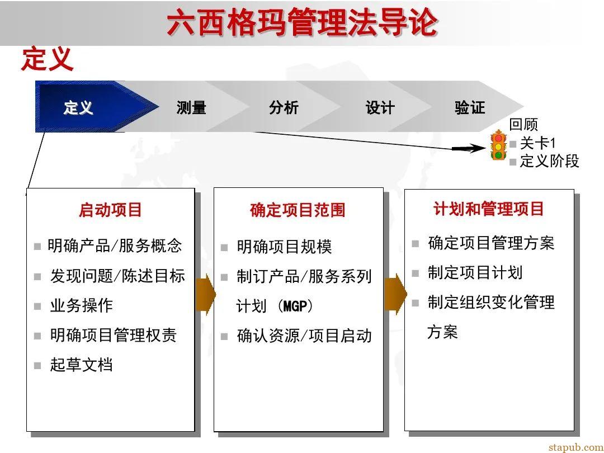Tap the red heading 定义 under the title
(x=47, y=59)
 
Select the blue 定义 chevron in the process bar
(x=78, y=107)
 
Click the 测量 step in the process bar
(x=191, y=107)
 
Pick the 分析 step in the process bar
(x=284, y=107)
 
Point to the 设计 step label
(x=380, y=107)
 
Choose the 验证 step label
(x=470, y=107)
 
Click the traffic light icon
(x=498, y=145)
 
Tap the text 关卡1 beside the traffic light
(x=537, y=143)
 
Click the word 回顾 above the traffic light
(x=523, y=125)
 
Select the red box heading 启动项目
(x=110, y=210)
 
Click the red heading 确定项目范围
(x=298, y=210)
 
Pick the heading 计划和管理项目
(x=489, y=209)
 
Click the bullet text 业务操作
(x=81, y=305)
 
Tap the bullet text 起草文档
(x=81, y=365)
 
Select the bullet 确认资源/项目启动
(x=304, y=336)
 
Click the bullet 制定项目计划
(x=475, y=273)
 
